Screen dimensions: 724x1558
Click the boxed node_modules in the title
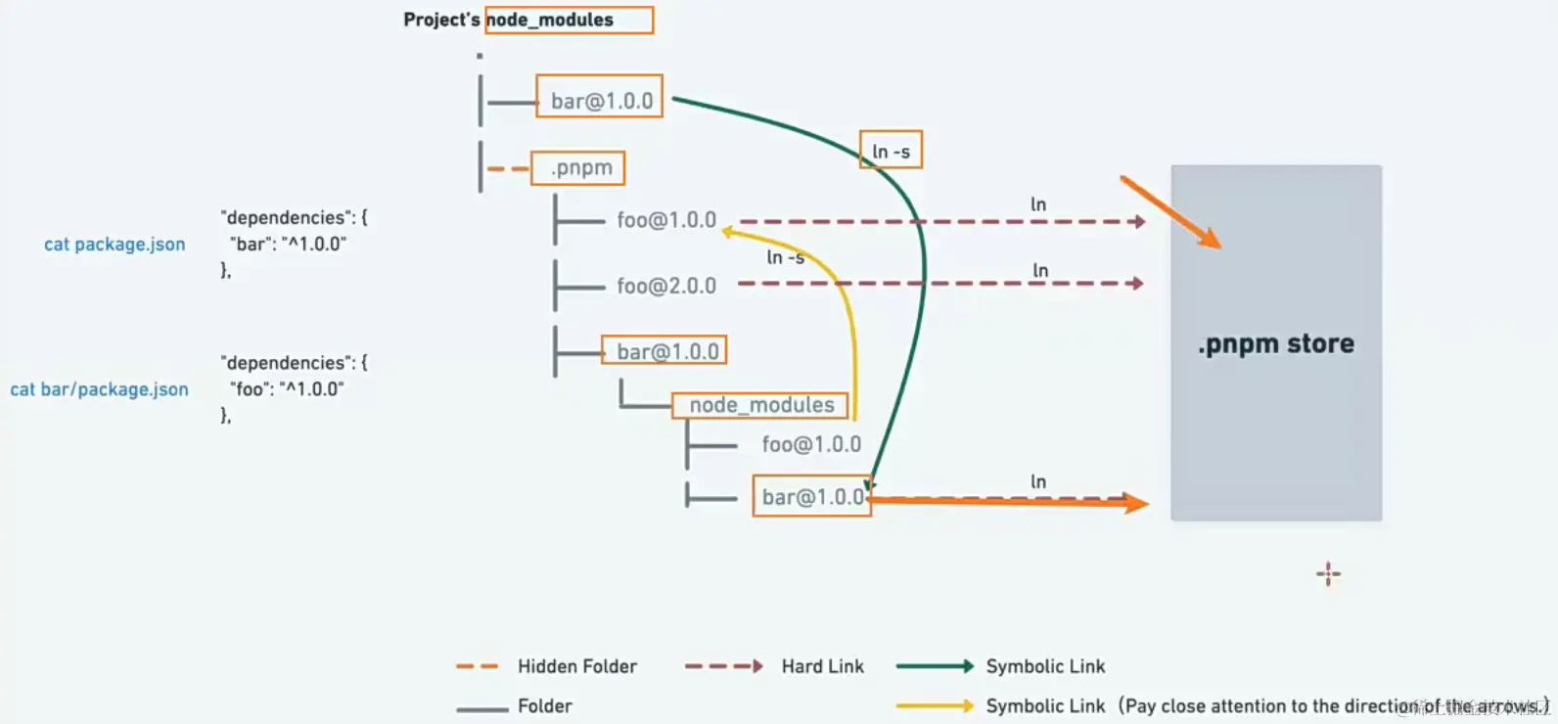(569, 20)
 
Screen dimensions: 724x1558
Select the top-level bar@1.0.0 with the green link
(600, 100)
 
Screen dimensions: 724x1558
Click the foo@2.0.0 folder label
(666, 286)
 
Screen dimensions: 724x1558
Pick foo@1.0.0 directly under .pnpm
(666, 220)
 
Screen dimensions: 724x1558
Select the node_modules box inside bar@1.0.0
(760, 405)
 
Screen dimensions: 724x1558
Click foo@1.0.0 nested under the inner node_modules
(811, 445)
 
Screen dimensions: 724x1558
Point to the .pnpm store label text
(1276, 344)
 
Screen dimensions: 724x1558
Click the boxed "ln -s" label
(891, 152)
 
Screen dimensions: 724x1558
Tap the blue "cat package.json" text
(115, 245)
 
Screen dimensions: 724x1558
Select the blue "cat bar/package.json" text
(100, 389)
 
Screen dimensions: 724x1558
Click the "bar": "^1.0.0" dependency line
(288, 245)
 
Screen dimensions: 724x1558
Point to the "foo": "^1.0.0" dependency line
(288, 389)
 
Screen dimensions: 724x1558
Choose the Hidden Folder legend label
(576, 667)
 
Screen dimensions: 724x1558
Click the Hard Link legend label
(822, 667)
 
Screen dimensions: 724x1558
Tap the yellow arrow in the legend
(935, 705)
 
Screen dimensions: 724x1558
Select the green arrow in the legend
(935, 666)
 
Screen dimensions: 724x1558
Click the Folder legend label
(544, 706)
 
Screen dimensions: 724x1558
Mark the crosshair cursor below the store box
(1328, 574)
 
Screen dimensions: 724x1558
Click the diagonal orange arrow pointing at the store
(1170, 212)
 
